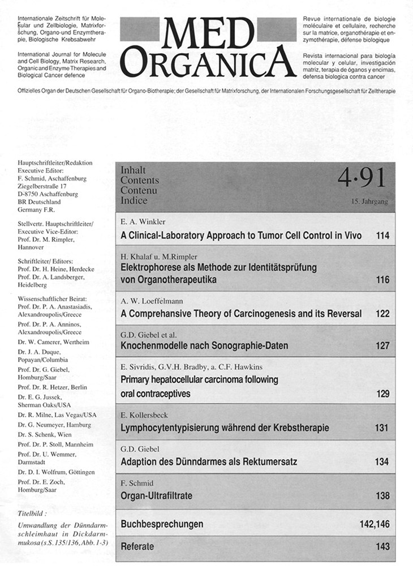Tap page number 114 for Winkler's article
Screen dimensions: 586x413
(382, 235)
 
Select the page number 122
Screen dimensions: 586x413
(382, 313)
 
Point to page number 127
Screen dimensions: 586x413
(382, 346)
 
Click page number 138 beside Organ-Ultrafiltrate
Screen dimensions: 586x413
(382, 496)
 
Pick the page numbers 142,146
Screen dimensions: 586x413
(374, 524)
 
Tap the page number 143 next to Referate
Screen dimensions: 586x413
(382, 547)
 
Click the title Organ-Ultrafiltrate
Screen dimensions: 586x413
(157, 496)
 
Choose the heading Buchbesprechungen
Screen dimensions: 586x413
(162, 524)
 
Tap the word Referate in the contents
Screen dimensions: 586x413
(137, 547)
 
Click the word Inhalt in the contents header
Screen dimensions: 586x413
(133, 170)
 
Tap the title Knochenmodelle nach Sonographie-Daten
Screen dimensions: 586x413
(204, 346)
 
